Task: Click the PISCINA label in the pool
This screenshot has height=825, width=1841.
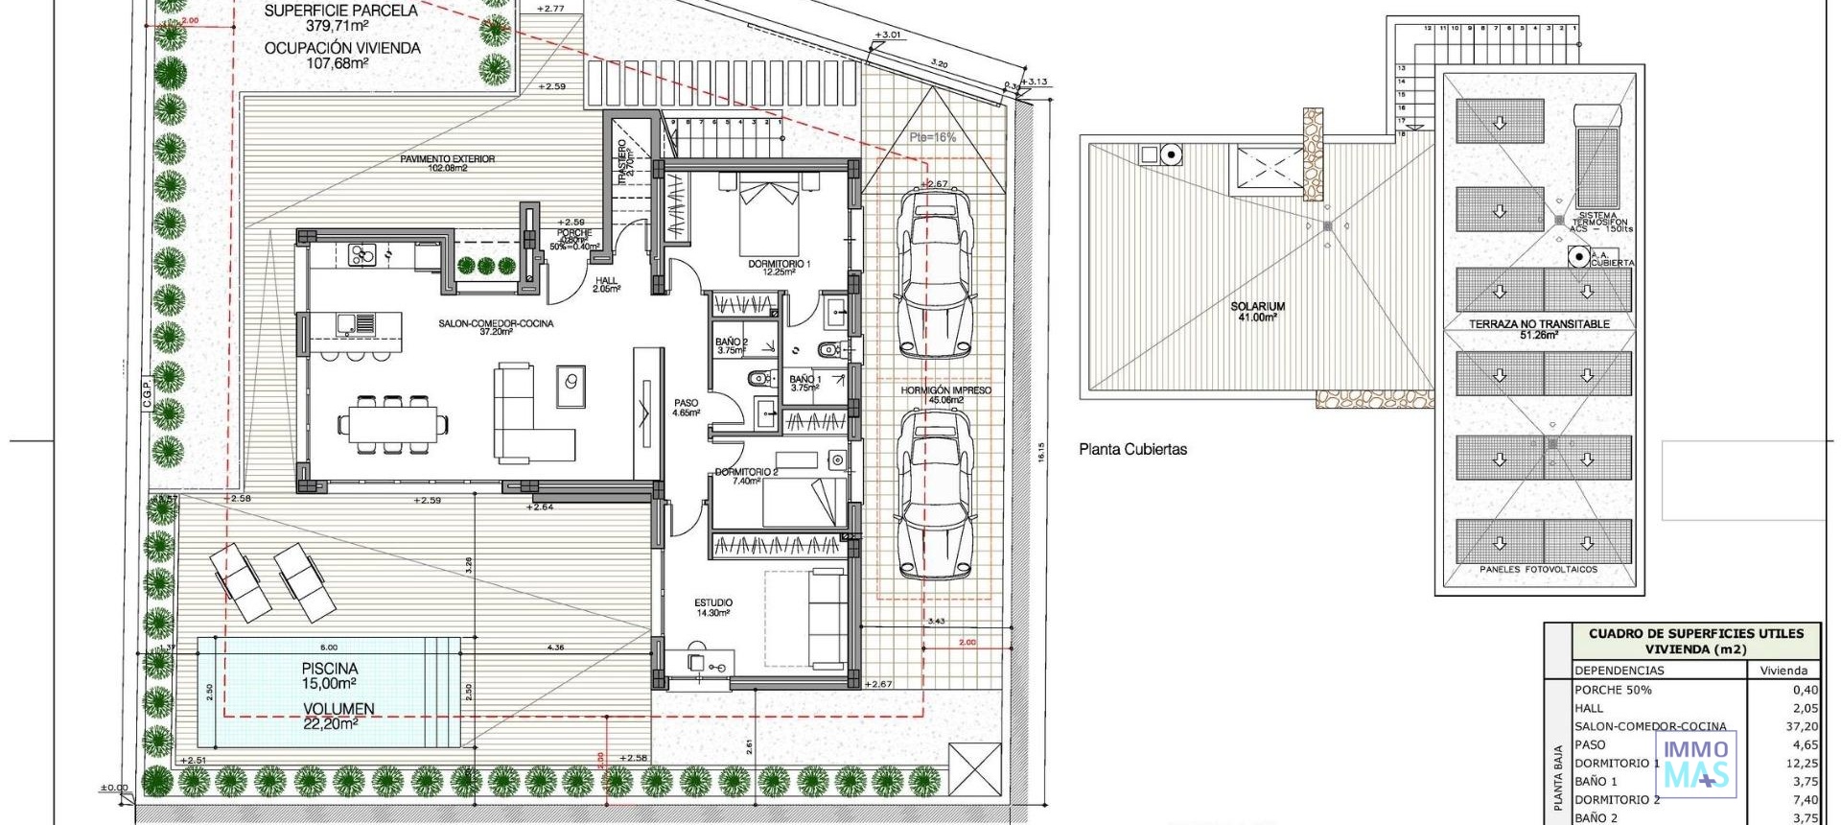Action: coord(329,669)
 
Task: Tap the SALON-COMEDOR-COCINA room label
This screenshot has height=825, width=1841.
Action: coord(496,323)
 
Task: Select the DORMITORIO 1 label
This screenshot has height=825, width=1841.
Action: coord(779,264)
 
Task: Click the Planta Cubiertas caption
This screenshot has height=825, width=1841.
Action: coord(1132,449)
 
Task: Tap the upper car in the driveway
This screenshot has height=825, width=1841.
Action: coord(933,274)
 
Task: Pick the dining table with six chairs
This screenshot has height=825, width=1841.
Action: coord(392,423)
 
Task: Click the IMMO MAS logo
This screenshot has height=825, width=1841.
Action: coord(1695,764)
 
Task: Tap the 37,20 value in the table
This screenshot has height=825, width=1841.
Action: coord(1804,726)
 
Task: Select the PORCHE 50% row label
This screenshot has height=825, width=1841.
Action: coord(1613,690)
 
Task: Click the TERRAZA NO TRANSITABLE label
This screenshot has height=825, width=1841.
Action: coord(1538,324)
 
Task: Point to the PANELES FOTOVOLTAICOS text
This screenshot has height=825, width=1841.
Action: coord(1538,569)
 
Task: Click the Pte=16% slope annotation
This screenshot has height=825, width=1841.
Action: coord(932,137)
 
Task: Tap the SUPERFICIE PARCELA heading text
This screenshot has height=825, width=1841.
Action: coord(340,11)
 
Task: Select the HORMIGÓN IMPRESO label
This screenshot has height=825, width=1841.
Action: coord(945,390)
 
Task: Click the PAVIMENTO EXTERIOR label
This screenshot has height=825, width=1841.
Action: coord(447,159)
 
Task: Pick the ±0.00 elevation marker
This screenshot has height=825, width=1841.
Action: coord(113,788)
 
